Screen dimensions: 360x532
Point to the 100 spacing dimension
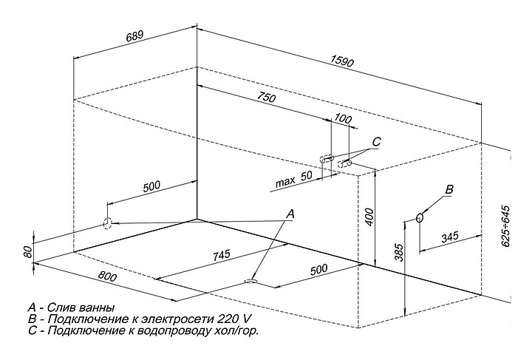[342, 118]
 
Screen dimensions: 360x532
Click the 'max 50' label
[293, 179]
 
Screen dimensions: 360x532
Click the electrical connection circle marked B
[420, 217]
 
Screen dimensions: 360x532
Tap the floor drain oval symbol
[251, 281]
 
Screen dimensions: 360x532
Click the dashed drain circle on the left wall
[107, 223]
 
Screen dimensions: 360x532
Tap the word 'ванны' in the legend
[98, 307]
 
